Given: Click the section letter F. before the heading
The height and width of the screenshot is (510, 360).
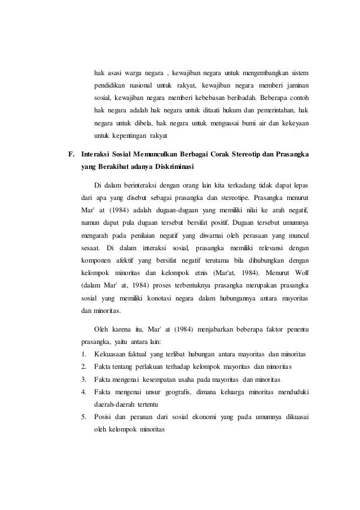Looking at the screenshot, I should coord(71,154).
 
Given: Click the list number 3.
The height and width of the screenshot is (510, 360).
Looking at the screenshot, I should coord(84,379).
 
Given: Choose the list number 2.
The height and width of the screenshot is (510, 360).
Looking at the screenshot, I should coord(84,367).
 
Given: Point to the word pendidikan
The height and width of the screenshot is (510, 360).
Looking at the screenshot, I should coord(110,86).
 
